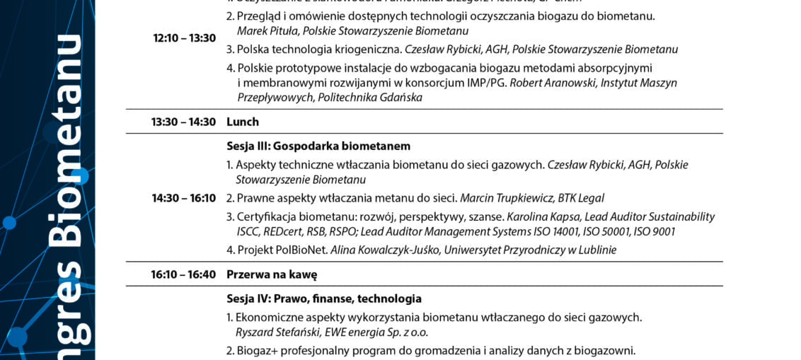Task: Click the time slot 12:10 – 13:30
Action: click(x=184, y=38)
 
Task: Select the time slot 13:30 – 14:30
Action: click(x=183, y=122)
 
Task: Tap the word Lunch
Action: click(x=243, y=122)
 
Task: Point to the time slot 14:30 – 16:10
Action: click(x=183, y=198)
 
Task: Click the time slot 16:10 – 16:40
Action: click(x=183, y=274)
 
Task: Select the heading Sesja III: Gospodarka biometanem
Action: click(x=318, y=146)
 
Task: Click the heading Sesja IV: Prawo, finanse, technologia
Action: click(x=324, y=298)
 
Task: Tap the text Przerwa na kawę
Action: click(x=272, y=274)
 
